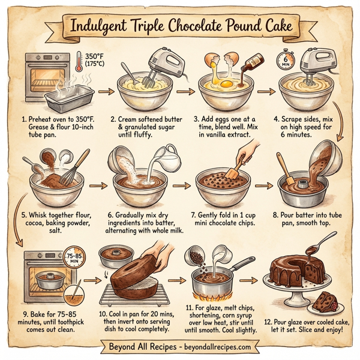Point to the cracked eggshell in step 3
tap(215, 61)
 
